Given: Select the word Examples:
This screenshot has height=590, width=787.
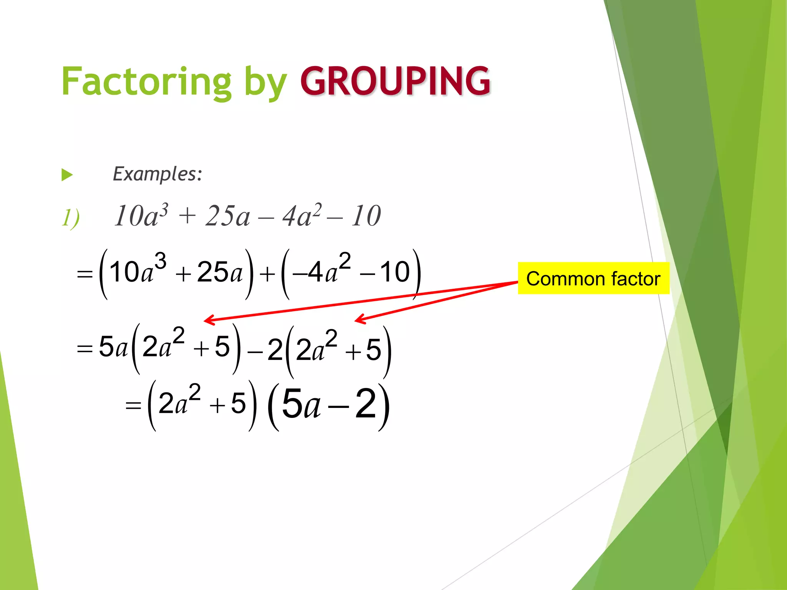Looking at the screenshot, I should (x=157, y=174).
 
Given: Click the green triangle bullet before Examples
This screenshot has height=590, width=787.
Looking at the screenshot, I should (x=67, y=175).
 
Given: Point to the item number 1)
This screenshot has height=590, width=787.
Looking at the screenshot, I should (x=71, y=218).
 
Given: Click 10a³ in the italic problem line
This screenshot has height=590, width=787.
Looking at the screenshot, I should (x=141, y=216).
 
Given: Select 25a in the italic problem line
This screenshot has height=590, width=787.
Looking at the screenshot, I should (x=227, y=216).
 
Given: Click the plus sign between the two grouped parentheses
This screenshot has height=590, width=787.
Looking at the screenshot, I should (x=267, y=274).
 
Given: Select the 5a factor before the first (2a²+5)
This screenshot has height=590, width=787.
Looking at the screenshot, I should (x=113, y=346).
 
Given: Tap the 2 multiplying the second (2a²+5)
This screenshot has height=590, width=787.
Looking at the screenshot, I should (x=275, y=350).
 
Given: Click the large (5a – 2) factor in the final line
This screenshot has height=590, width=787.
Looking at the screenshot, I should (x=329, y=404).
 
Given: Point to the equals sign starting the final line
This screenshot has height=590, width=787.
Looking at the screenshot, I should (x=133, y=406).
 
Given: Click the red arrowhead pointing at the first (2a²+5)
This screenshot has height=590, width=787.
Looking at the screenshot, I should (x=208, y=320).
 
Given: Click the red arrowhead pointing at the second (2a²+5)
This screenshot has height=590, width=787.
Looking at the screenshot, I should (x=359, y=319).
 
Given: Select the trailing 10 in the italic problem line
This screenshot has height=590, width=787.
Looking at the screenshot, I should (x=366, y=216).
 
